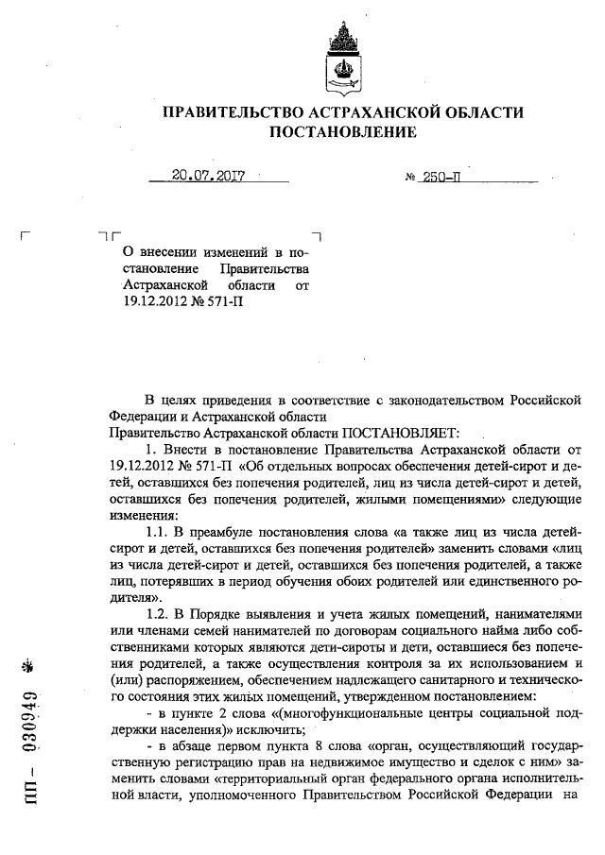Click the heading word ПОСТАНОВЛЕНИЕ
343,132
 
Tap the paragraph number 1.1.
160,533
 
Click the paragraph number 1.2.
160,613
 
